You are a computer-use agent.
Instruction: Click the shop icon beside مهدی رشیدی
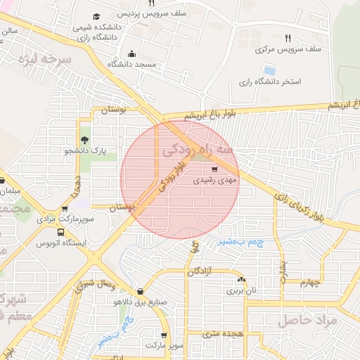[214, 169]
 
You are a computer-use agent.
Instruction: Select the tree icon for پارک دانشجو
[85, 140]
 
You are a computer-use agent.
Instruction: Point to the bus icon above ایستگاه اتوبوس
[61, 232]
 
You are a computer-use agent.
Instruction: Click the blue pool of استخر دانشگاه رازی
[269, 70]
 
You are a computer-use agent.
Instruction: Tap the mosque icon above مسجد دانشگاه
[131, 53]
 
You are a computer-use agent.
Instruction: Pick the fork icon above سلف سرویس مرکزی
[288, 38]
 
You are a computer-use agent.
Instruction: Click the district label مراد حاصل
[309, 321]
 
